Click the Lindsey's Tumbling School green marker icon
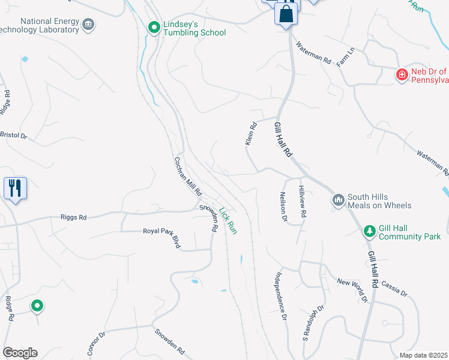(x=154, y=28)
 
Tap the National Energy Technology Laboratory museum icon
(x=89, y=25)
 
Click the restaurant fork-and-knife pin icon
(x=14, y=188)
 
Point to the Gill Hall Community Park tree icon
(x=370, y=231)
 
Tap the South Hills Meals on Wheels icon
(x=337, y=199)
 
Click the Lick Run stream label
(x=228, y=220)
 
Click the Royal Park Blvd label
(x=161, y=238)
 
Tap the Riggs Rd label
(x=73, y=217)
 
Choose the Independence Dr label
(x=280, y=296)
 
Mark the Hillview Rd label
(x=303, y=201)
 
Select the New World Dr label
(x=352, y=289)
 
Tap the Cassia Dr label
(x=394, y=290)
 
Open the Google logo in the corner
(x=20, y=353)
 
